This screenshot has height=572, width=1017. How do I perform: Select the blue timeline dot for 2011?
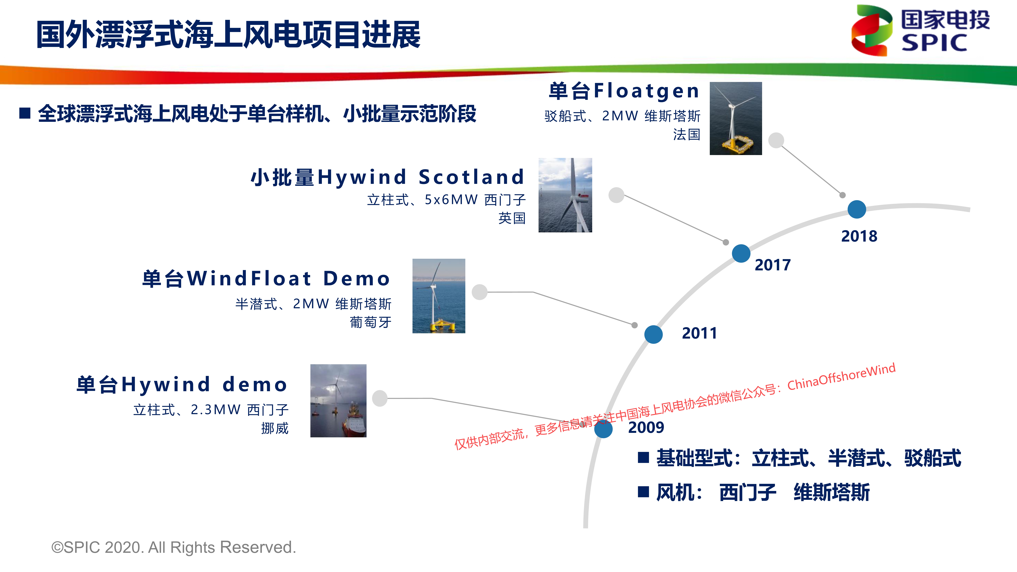(653, 334)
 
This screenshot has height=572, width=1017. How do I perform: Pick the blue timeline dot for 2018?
(857, 209)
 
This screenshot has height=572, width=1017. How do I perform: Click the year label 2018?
(859, 236)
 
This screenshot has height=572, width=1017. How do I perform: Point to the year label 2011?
(699, 333)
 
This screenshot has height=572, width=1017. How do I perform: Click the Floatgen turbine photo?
(736, 118)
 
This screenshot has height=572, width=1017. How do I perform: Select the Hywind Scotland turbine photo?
(565, 195)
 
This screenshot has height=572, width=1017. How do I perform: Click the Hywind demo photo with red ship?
(338, 401)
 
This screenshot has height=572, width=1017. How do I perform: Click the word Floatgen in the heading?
(646, 91)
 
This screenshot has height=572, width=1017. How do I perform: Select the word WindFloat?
(249, 279)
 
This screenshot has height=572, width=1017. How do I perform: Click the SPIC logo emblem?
(872, 30)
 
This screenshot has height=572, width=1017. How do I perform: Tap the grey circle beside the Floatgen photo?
(776, 140)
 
